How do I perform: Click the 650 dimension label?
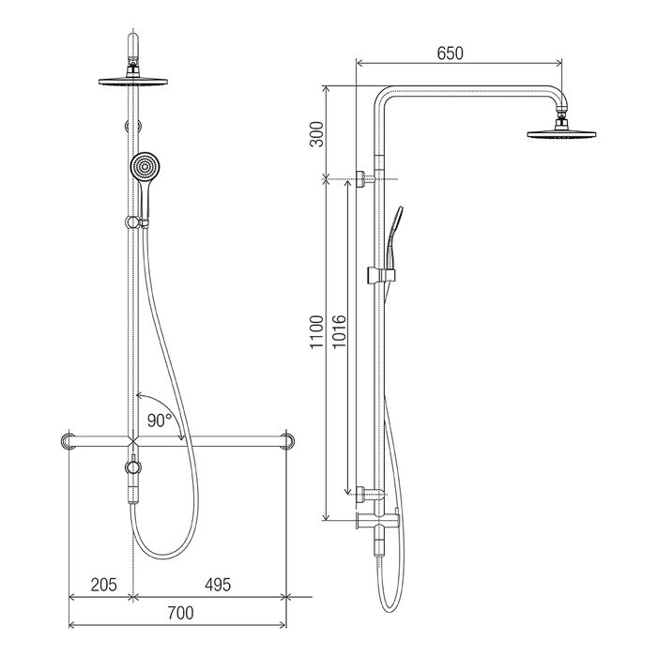[450, 53]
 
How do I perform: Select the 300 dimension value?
[317, 134]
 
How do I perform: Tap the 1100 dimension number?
[317, 332]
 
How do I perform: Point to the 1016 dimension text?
[339, 332]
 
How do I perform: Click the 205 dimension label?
[104, 585]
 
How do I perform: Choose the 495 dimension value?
[218, 585]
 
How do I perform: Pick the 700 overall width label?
[180, 614]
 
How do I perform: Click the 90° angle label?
[160, 420]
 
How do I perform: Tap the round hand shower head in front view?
[145, 167]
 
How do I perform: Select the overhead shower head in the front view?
[133, 82]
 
